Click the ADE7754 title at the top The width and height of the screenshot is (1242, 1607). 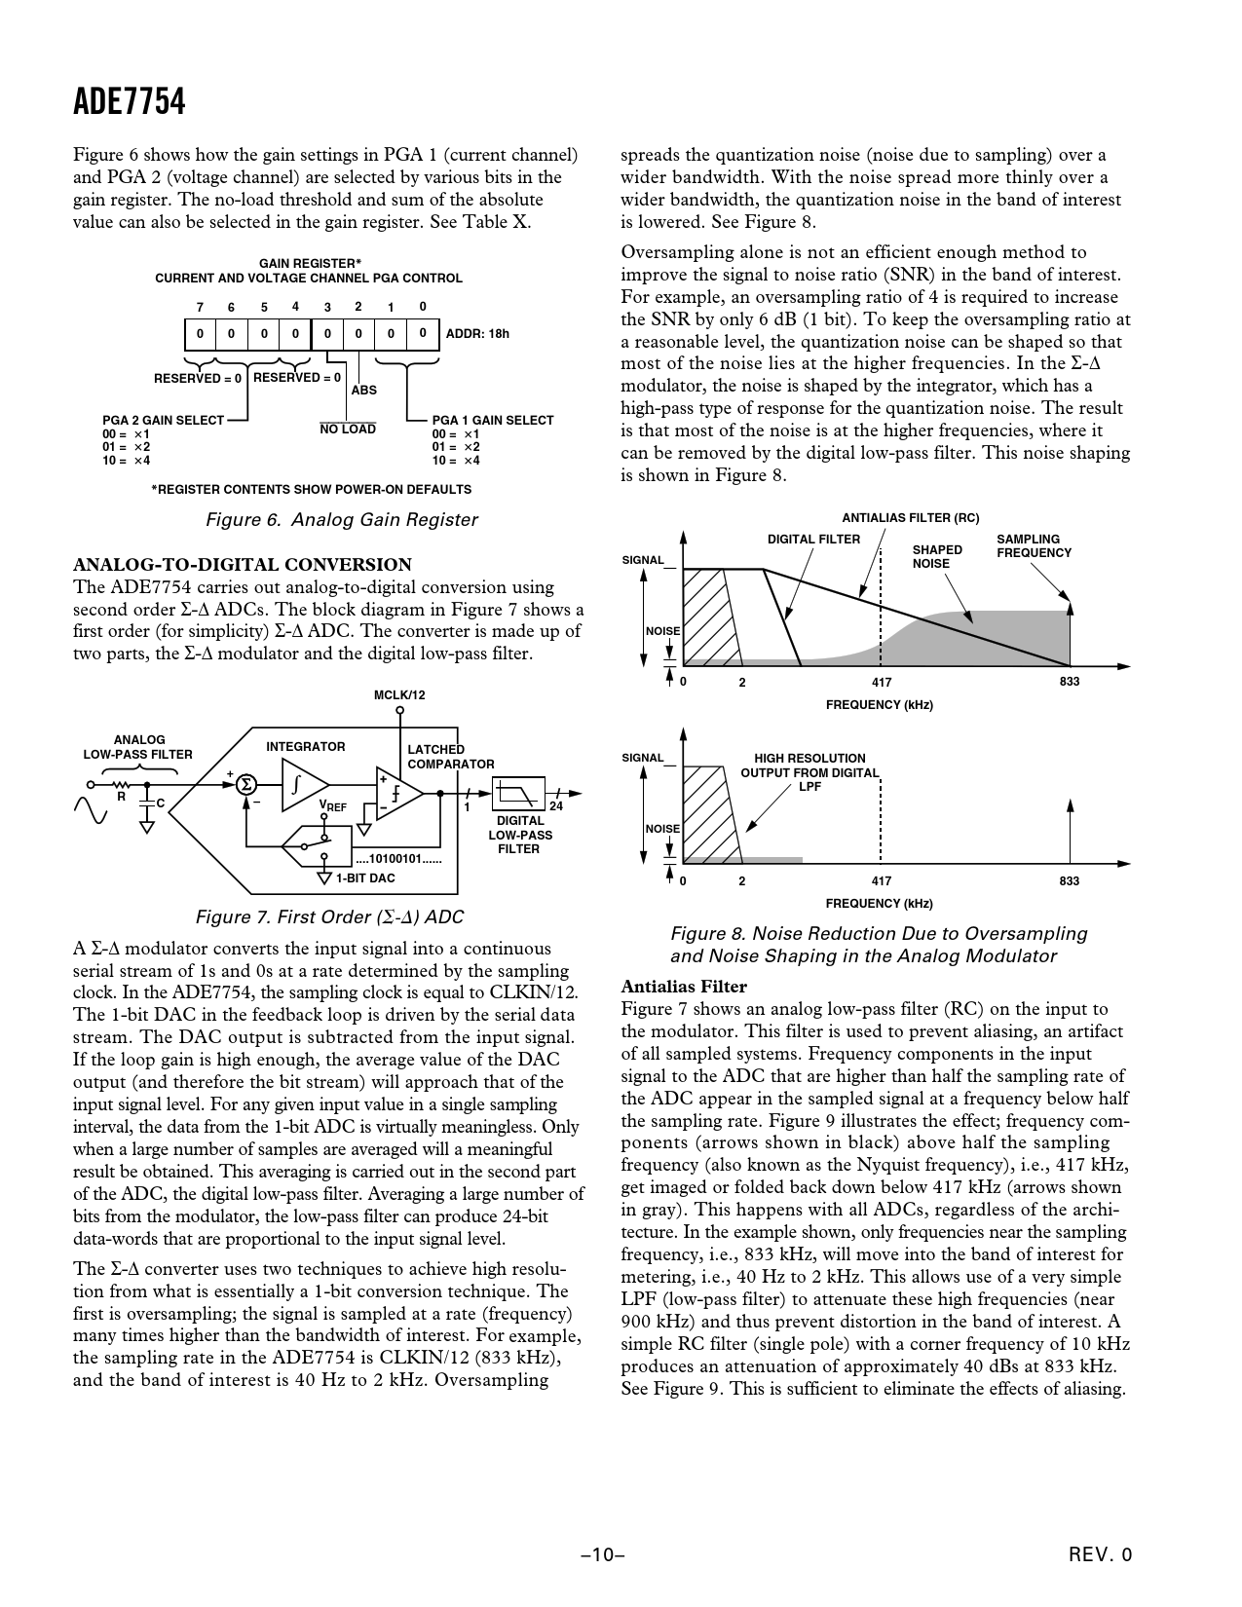(129, 102)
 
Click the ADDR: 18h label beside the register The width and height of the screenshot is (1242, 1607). (477, 334)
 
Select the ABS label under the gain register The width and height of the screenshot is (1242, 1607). (363, 391)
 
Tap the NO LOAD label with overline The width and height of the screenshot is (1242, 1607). (348, 430)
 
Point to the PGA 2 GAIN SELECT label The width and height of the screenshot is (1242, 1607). (163, 421)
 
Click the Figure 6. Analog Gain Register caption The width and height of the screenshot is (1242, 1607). (342, 520)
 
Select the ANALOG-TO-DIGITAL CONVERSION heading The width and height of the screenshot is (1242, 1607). (243, 565)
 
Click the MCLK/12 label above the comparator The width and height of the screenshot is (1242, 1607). (399, 695)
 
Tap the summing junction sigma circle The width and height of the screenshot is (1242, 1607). (246, 784)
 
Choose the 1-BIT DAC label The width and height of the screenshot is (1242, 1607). (365, 878)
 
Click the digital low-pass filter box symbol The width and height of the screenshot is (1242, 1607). (518, 793)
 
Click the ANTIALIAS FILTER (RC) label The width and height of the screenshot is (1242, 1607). (910, 518)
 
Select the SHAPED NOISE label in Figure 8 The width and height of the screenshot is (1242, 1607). (936, 556)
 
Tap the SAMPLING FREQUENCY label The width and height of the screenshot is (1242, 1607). (1034, 546)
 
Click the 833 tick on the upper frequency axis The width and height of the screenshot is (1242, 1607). (1070, 682)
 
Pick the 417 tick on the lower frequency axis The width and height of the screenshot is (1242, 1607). (881, 881)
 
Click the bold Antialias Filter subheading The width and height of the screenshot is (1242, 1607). (684, 987)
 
